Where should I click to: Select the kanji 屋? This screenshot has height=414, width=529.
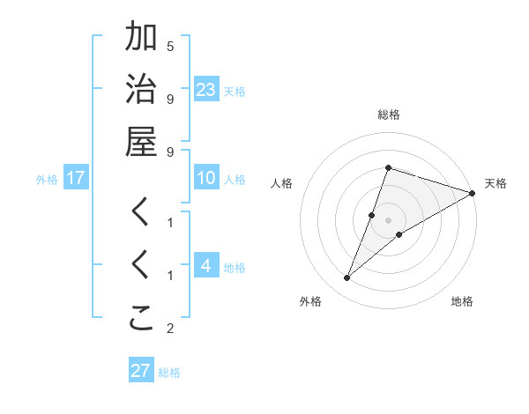[141, 143]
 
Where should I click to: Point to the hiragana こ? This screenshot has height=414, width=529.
[141, 320]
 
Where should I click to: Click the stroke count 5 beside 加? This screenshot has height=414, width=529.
[170, 46]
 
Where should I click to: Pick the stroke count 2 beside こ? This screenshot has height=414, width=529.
[170, 329]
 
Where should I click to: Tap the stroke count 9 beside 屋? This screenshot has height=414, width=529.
[170, 152]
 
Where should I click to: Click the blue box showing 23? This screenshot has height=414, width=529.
[206, 89]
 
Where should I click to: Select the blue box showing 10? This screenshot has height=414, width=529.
[206, 178]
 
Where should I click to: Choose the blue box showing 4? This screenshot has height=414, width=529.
[206, 267]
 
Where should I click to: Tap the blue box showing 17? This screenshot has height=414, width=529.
[76, 178]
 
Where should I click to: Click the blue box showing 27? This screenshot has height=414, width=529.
[141, 370]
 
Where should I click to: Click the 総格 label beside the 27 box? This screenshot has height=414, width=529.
[169, 373]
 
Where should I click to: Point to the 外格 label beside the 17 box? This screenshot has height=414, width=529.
[47, 180]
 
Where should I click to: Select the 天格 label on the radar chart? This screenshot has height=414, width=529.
[495, 183]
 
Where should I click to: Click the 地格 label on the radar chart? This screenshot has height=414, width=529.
[462, 301]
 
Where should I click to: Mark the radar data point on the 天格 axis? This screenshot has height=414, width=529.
[472, 193]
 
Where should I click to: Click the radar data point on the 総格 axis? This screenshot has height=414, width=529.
[388, 167]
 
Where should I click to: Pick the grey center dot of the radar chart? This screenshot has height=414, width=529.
[388, 220]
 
